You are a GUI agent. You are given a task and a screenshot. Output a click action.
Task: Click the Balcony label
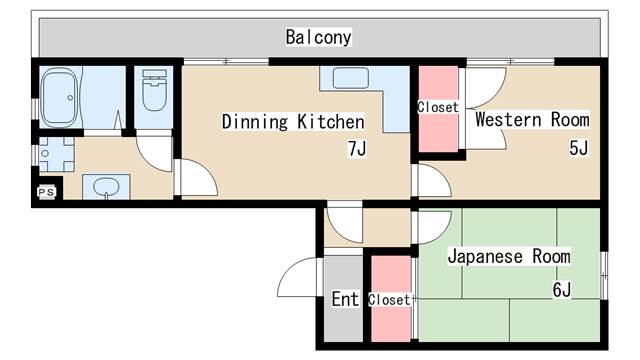tap(318, 38)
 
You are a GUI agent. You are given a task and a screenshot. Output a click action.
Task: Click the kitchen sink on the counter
tap(349, 79)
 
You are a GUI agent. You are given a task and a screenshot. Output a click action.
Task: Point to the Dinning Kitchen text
tap(292, 122)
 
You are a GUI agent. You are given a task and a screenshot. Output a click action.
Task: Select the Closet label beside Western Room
tap(438, 107)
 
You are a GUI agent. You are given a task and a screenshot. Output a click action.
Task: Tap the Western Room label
tap(531, 120)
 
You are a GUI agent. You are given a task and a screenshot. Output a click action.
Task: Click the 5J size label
tap(578, 149)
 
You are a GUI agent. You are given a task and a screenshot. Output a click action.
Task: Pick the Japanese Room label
tap(508, 256)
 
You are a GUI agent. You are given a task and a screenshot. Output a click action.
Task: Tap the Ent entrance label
tap(344, 299)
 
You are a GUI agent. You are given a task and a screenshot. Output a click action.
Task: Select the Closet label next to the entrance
tap(388, 299)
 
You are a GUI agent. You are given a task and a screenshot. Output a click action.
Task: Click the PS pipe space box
tap(45, 191)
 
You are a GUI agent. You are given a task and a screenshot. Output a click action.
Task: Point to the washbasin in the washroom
tap(105, 186)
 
